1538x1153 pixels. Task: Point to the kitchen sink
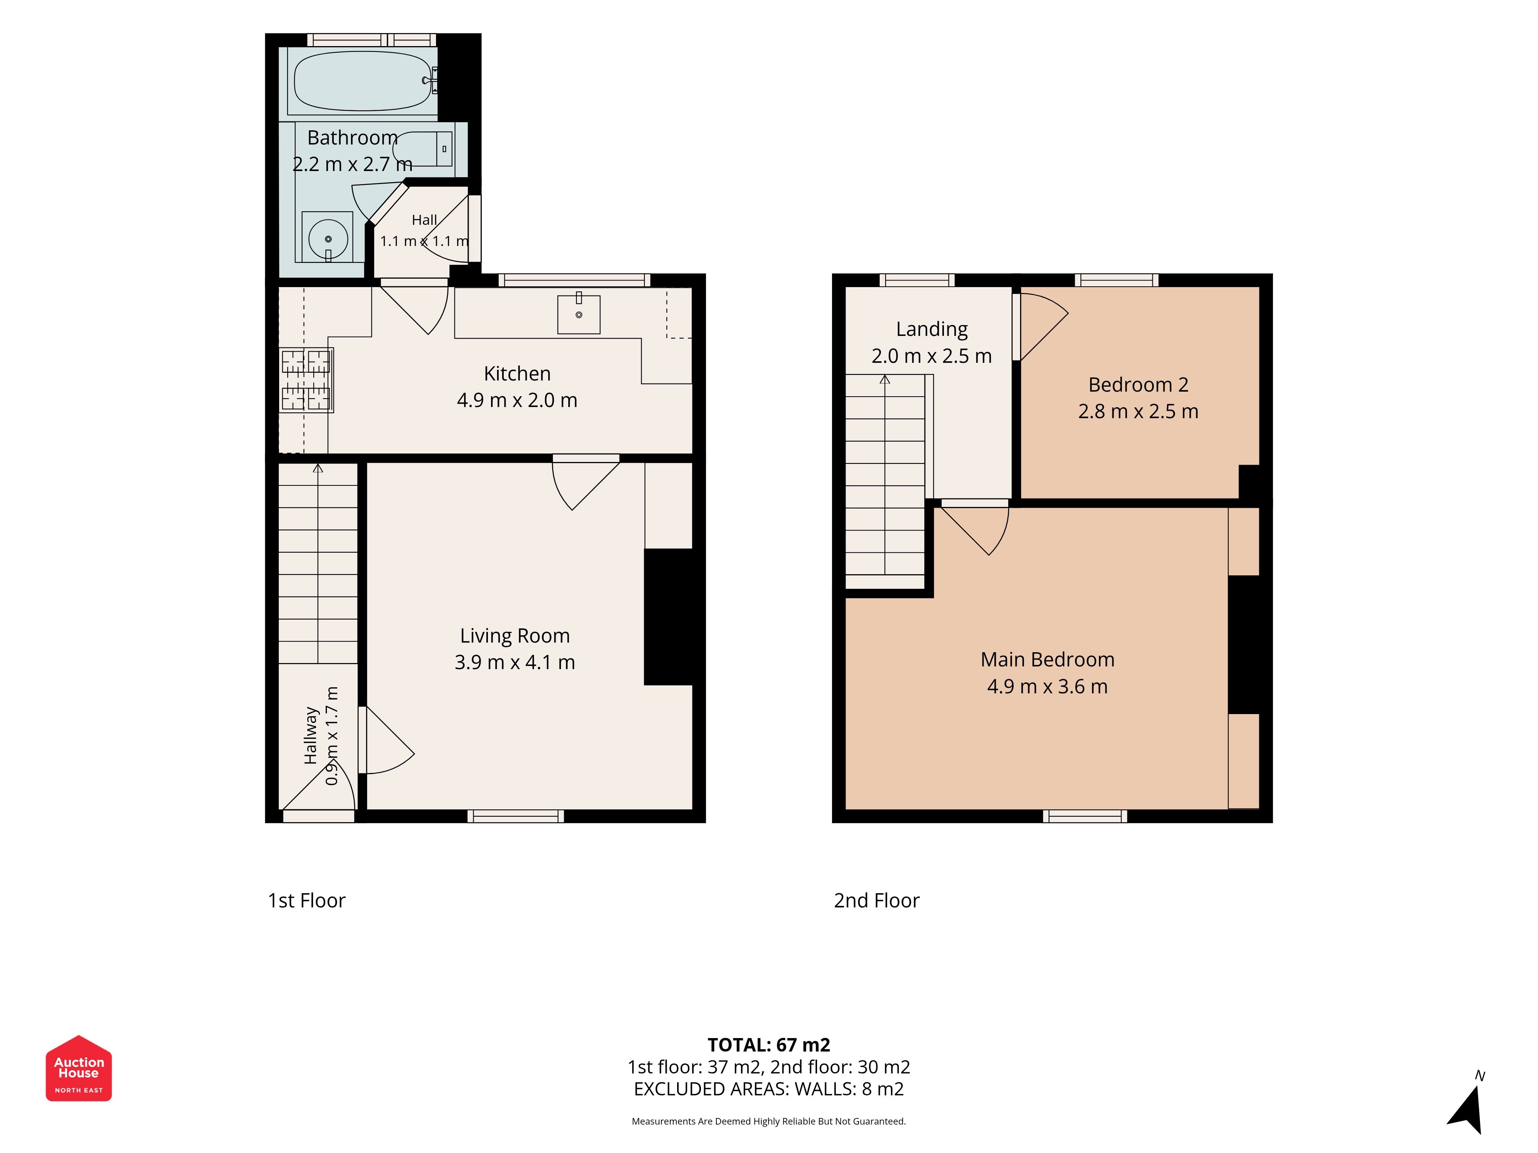pyautogui.click(x=579, y=314)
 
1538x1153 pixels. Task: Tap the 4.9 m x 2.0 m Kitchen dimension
pyautogui.click(x=517, y=400)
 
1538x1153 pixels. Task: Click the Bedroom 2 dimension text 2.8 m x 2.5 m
pyautogui.click(x=1138, y=412)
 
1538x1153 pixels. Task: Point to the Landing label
pyautogui.click(x=932, y=329)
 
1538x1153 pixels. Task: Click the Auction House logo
pyautogui.click(x=78, y=1068)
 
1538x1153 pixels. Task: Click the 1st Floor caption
pyautogui.click(x=306, y=901)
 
